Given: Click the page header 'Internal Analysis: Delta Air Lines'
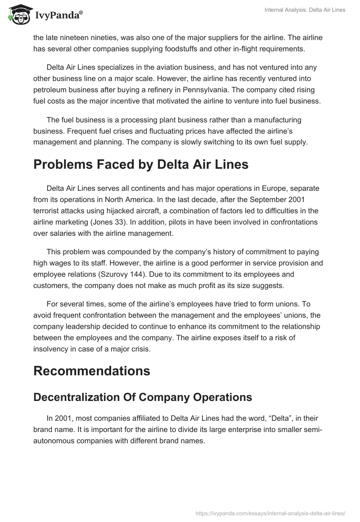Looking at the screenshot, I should coord(305,10).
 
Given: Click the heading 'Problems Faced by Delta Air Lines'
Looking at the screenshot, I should coord(141,165).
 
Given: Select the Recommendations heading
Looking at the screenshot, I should coord(92,371).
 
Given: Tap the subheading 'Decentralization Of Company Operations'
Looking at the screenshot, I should coord(143,397).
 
